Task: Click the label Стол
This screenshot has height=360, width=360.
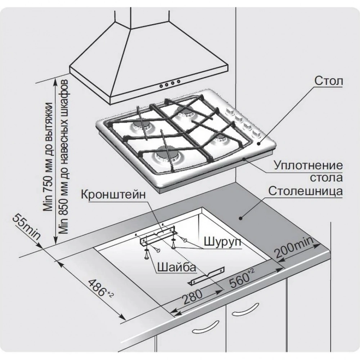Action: [328, 80]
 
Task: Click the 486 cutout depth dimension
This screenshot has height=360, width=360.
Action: [100, 288]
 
